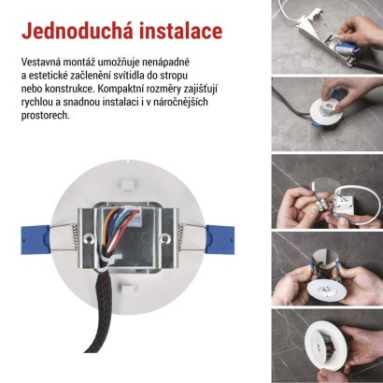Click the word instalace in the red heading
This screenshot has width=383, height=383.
pyautogui.click(x=177, y=31)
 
